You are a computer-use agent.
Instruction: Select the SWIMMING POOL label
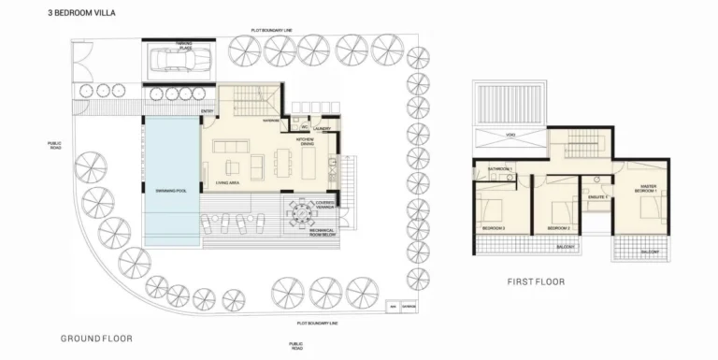tap(172, 191)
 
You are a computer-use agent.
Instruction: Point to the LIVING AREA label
tap(227, 183)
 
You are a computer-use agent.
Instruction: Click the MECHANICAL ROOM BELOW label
tap(322, 233)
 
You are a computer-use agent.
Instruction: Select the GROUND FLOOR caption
tap(96, 338)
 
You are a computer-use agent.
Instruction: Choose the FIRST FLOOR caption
tap(536, 281)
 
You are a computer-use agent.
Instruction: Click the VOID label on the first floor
tap(510, 136)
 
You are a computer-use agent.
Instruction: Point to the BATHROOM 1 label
tap(499, 168)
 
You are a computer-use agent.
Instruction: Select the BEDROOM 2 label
tap(559, 227)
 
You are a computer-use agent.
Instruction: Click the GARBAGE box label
tap(409, 307)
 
